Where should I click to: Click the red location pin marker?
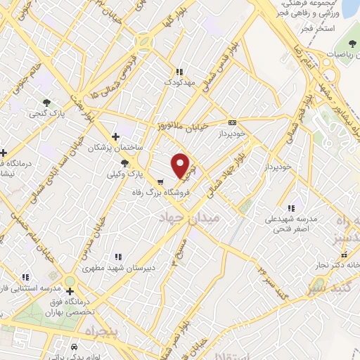point(181,165)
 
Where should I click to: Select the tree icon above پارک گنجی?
point(47,103)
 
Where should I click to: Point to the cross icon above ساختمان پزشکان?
point(116,137)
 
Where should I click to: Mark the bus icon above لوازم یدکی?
point(75,347)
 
